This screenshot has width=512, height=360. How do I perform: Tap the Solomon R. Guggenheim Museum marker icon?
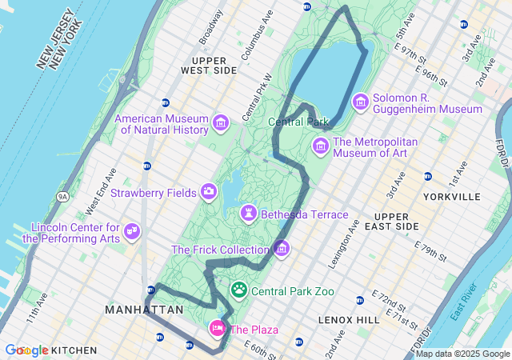[x=360, y=102]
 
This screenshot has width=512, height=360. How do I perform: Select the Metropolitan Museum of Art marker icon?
[x=321, y=146]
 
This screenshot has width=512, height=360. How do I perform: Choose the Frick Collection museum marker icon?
[x=281, y=249]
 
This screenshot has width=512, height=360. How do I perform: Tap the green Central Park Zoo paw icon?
[x=239, y=290]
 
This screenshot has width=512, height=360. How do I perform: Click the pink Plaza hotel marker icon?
[x=217, y=328]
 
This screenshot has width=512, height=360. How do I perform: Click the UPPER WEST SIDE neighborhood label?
[x=214, y=65]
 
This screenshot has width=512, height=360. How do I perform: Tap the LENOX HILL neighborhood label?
[x=348, y=319]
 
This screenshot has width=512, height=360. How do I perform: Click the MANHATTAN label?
[x=144, y=309]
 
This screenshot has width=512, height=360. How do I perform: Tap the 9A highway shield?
[x=63, y=197]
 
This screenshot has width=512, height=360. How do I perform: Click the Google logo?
[x=27, y=350]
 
